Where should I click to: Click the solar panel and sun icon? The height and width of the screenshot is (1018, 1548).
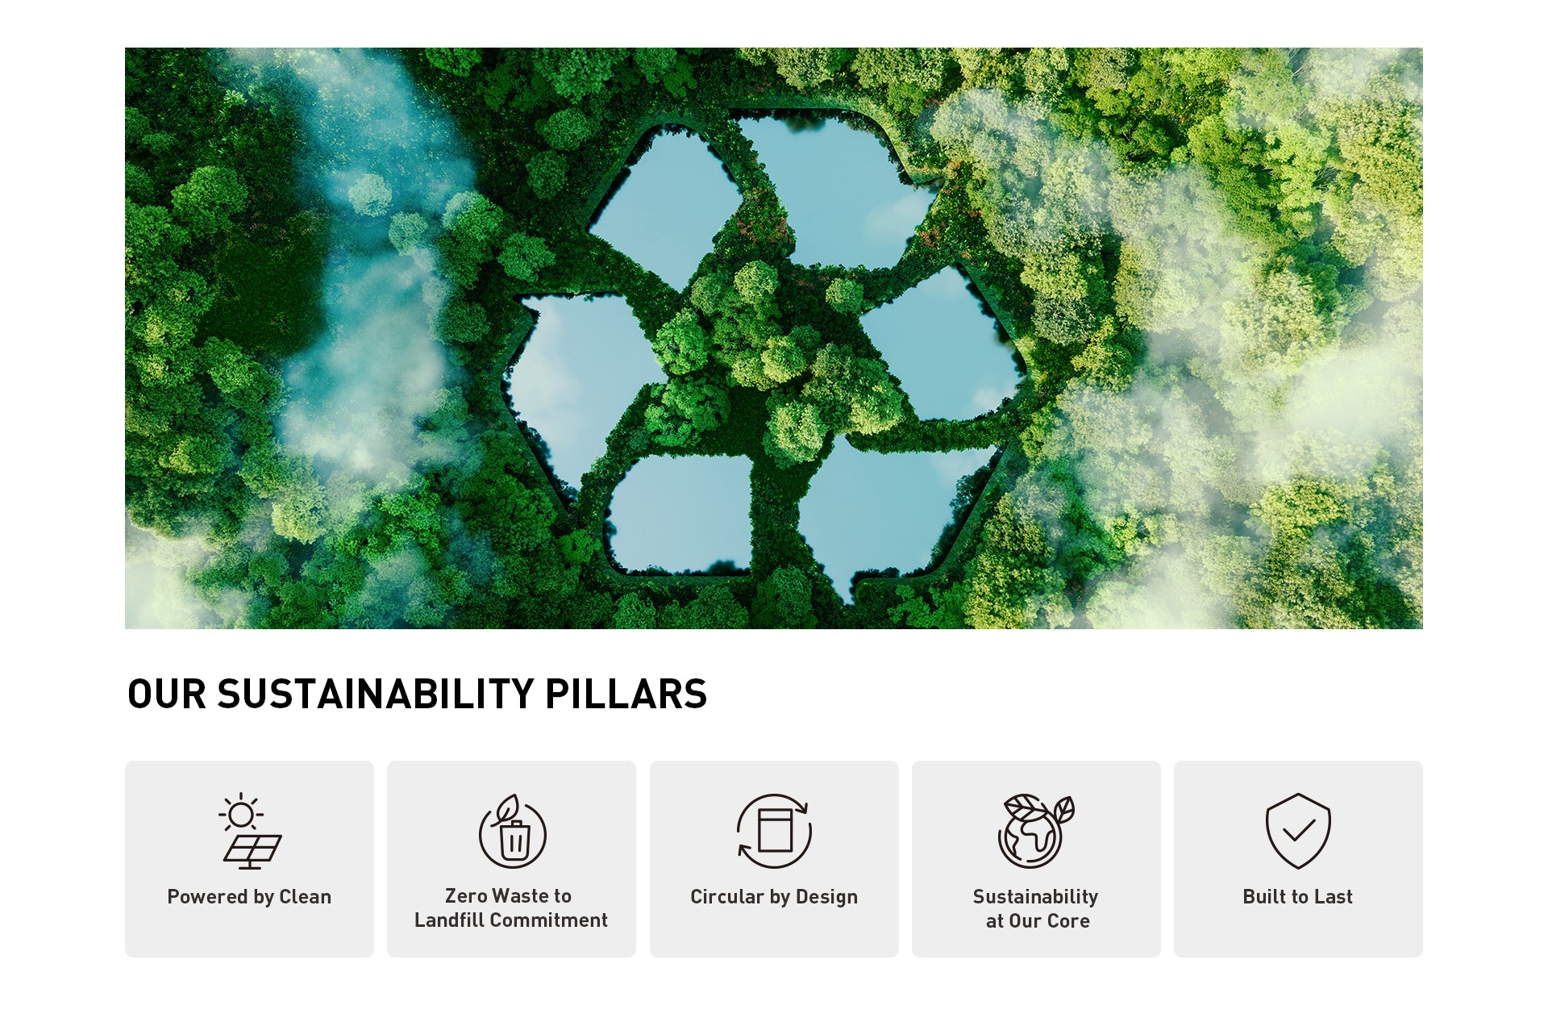click(x=250, y=831)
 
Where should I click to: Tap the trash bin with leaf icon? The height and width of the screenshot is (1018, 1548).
click(x=513, y=831)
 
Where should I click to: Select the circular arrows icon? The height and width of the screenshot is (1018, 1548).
click(x=774, y=831)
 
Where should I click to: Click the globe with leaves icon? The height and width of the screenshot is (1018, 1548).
click(x=1036, y=831)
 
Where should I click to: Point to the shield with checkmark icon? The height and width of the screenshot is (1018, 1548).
click(x=1298, y=831)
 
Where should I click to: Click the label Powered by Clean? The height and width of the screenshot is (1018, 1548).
click(x=249, y=897)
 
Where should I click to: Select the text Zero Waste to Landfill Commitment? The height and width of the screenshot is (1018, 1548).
click(x=511, y=908)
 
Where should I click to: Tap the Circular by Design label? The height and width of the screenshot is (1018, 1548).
click(x=774, y=897)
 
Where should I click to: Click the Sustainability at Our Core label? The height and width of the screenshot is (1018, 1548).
click(x=1037, y=909)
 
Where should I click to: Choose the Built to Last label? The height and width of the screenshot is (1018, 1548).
click(x=1298, y=897)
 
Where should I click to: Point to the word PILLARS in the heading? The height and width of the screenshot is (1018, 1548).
click(x=626, y=695)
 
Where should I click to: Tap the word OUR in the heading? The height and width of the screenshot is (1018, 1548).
click(x=167, y=695)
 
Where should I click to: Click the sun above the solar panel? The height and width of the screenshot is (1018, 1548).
click(x=240, y=815)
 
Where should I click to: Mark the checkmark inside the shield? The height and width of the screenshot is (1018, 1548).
click(x=1299, y=830)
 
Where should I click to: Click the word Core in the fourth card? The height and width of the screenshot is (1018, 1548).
click(x=1068, y=921)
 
